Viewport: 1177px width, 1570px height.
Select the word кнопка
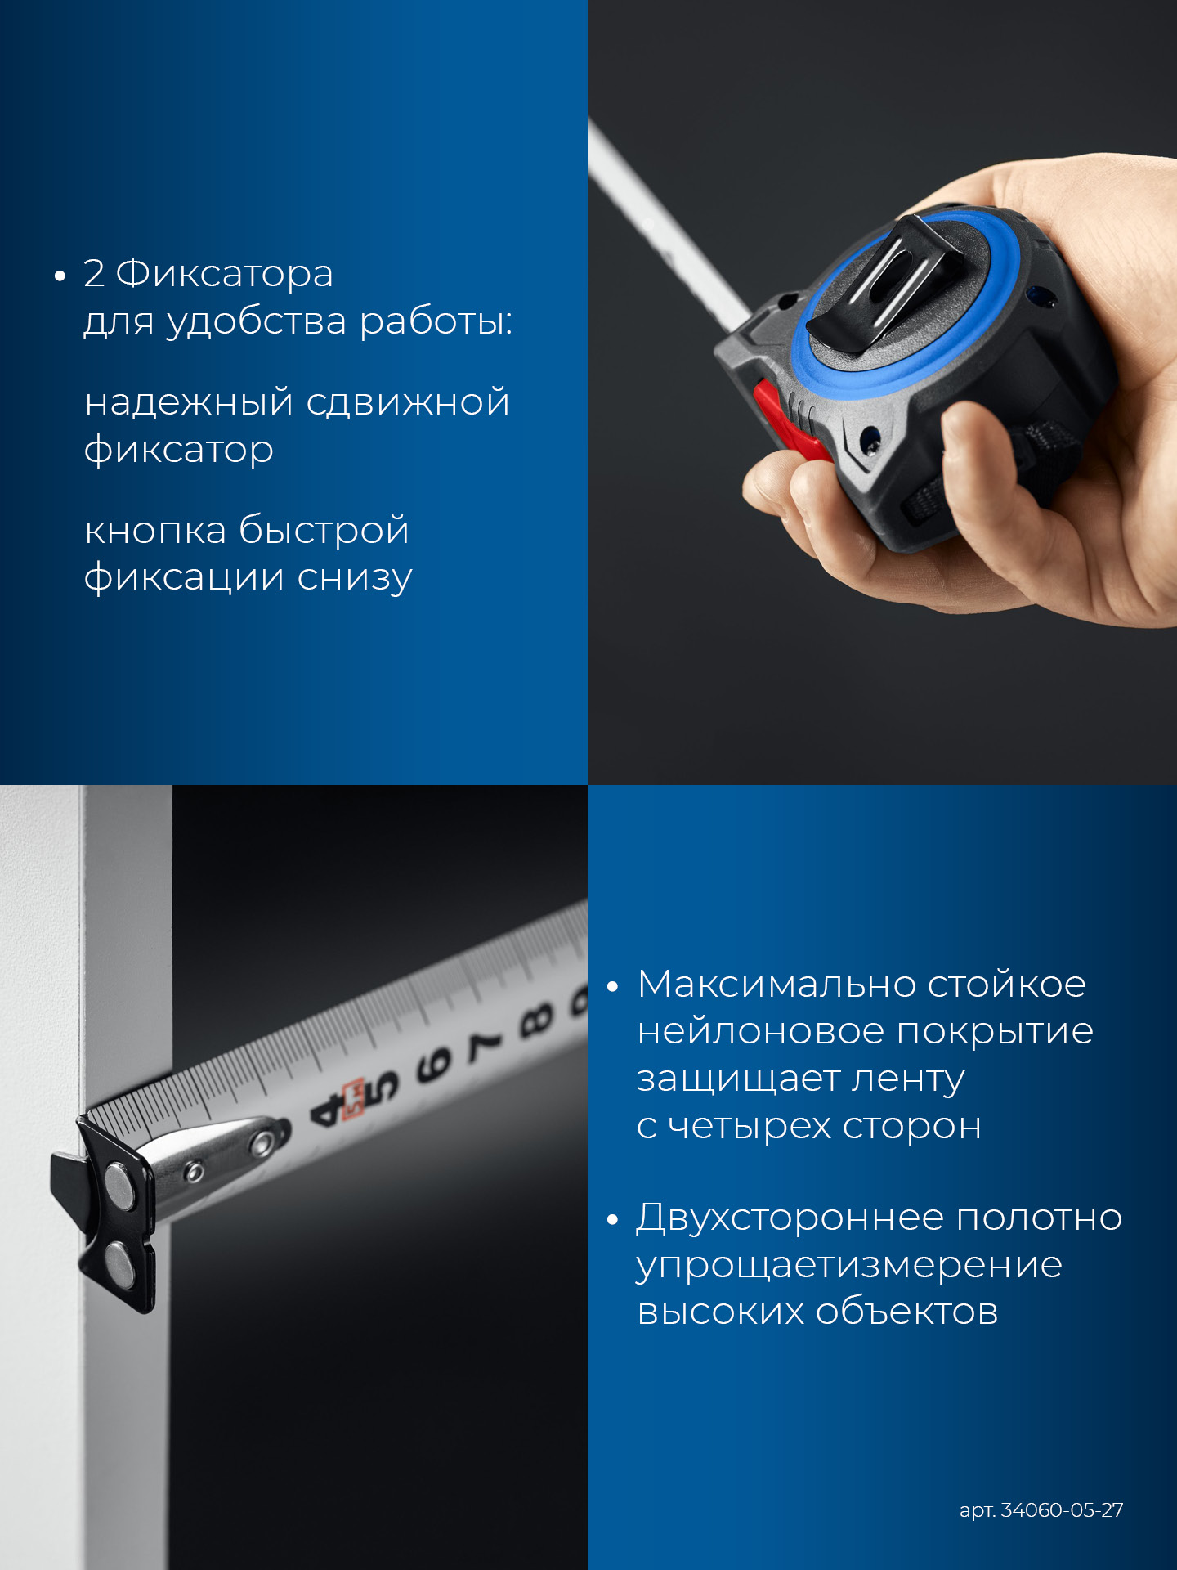click(155, 531)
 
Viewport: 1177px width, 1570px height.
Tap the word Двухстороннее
click(789, 1218)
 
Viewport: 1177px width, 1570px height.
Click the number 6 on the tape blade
click(434, 1065)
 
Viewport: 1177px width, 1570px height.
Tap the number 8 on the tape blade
click(536, 1018)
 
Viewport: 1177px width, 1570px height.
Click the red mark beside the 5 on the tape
click(354, 1101)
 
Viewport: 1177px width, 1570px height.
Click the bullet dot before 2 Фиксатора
click(60, 277)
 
